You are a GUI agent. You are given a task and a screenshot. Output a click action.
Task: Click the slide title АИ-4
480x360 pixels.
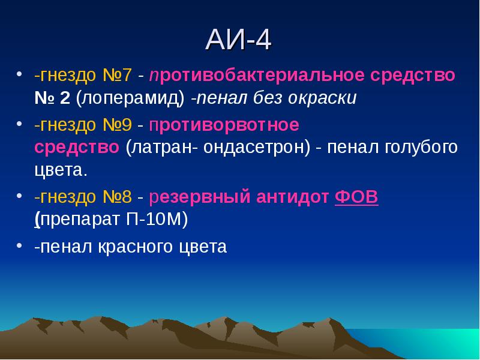tap(239, 41)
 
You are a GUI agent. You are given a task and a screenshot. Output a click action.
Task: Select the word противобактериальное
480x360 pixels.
tap(257, 76)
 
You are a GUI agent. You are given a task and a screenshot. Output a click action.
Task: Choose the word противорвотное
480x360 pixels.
tap(224, 125)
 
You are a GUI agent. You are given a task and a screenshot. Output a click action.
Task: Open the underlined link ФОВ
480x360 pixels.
tap(356, 196)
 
